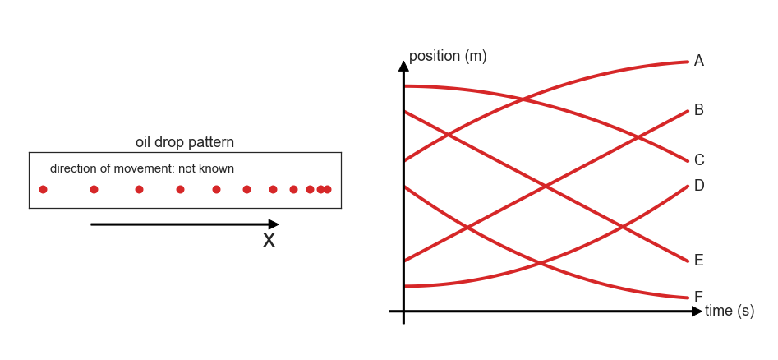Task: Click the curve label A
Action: click(x=698, y=61)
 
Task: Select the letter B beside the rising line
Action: click(x=698, y=110)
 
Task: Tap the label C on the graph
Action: click(x=699, y=160)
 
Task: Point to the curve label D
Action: click(x=699, y=186)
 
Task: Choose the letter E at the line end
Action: click(x=698, y=261)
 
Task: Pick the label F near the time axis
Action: click(x=698, y=298)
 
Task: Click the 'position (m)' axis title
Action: click(x=448, y=56)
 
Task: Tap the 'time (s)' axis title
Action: click(x=730, y=311)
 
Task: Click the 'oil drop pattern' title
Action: click(x=185, y=142)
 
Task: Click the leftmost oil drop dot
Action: click(x=44, y=189)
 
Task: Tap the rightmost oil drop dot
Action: click(x=327, y=189)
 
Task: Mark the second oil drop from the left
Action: click(x=94, y=189)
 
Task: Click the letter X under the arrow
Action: click(x=269, y=240)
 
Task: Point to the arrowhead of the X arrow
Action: click(x=274, y=224)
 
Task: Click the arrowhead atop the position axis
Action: click(x=404, y=66)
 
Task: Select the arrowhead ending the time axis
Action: click(x=697, y=312)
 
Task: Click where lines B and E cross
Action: click(x=546, y=187)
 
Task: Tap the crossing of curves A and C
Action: click(x=523, y=99)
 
